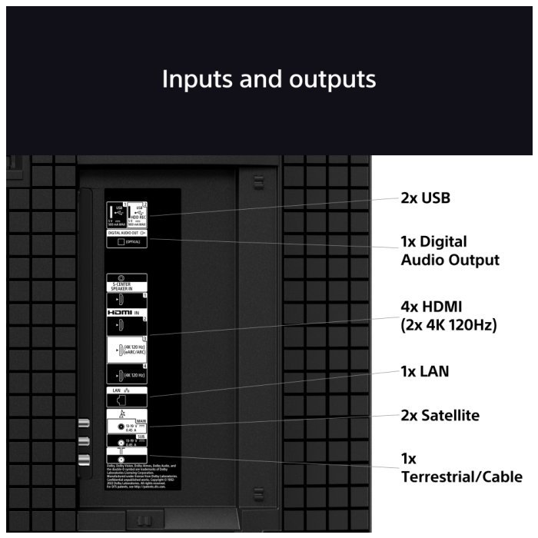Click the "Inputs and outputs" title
click(x=268, y=79)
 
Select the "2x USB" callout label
click(x=425, y=198)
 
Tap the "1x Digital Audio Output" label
click(x=450, y=251)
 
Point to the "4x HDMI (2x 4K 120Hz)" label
click(x=449, y=316)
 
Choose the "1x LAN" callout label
click(x=424, y=371)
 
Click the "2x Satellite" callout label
click(x=440, y=416)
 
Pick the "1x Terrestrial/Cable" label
click(x=461, y=468)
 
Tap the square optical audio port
click(x=120, y=241)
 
